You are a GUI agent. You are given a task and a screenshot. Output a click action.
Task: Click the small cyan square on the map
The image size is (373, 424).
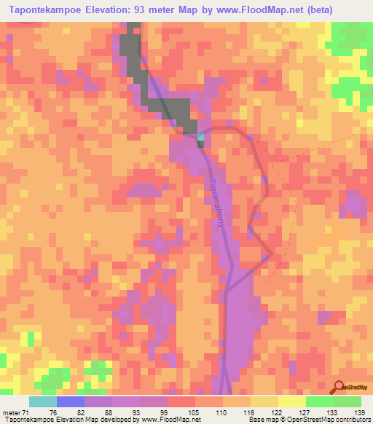[x=201, y=136]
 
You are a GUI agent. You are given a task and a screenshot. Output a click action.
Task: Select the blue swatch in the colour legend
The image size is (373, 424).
[x=71, y=401]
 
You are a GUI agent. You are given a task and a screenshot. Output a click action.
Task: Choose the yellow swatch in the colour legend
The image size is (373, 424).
[x=292, y=401]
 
